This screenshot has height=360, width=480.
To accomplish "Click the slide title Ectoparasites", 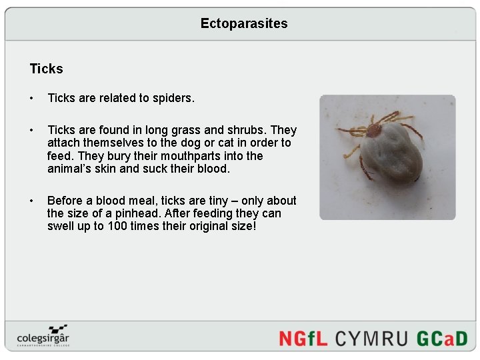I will tap(244, 23).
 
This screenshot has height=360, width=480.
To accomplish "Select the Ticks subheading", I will tap(46, 69).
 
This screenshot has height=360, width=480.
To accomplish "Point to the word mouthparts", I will tap(209, 156).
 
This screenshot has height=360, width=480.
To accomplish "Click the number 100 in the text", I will tap(117, 226).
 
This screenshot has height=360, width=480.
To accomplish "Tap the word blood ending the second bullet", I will tap(213, 169).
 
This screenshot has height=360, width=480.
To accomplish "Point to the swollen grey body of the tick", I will tap(395, 157).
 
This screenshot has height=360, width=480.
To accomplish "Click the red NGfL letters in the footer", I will tap(303, 338).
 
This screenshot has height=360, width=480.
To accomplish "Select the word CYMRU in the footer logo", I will tap(372, 338).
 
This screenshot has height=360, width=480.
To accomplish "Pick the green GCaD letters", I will tap(442, 338).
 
